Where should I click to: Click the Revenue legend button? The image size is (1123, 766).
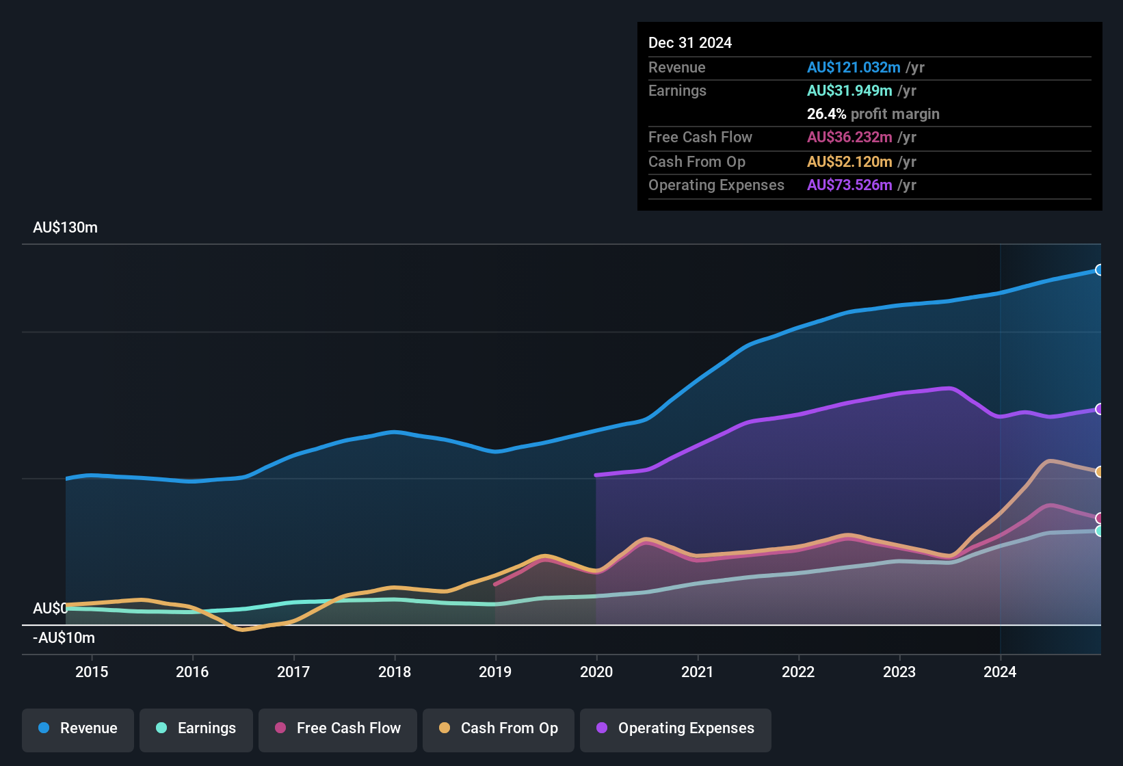[x=78, y=728]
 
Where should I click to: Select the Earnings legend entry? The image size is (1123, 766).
[x=196, y=728]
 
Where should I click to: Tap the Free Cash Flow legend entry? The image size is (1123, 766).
[x=338, y=728]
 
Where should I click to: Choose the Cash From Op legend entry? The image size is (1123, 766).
[x=499, y=728]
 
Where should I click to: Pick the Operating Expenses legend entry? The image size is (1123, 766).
[x=676, y=728]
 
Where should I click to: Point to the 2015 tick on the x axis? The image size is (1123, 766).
[x=92, y=672]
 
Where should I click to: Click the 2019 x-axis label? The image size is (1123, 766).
[x=495, y=672]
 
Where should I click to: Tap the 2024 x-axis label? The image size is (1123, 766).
[x=1000, y=672]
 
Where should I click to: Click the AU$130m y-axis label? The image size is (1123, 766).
[x=66, y=228]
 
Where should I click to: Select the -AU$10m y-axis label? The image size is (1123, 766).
[x=64, y=638]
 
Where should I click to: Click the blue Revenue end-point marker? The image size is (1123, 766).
[x=1099, y=270]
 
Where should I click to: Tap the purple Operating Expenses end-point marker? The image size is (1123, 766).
[x=1099, y=409]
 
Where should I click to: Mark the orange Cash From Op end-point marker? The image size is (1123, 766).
[x=1099, y=472]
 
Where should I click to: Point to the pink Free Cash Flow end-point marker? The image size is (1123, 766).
[x=1099, y=518]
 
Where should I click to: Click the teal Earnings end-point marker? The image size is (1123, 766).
[x=1099, y=531]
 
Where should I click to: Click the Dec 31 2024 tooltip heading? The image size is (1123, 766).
[x=690, y=43]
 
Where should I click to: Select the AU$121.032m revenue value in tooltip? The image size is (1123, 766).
[x=854, y=68]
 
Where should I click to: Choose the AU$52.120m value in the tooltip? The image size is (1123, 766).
[x=849, y=162]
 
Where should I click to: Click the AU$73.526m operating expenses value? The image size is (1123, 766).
[x=849, y=185]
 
